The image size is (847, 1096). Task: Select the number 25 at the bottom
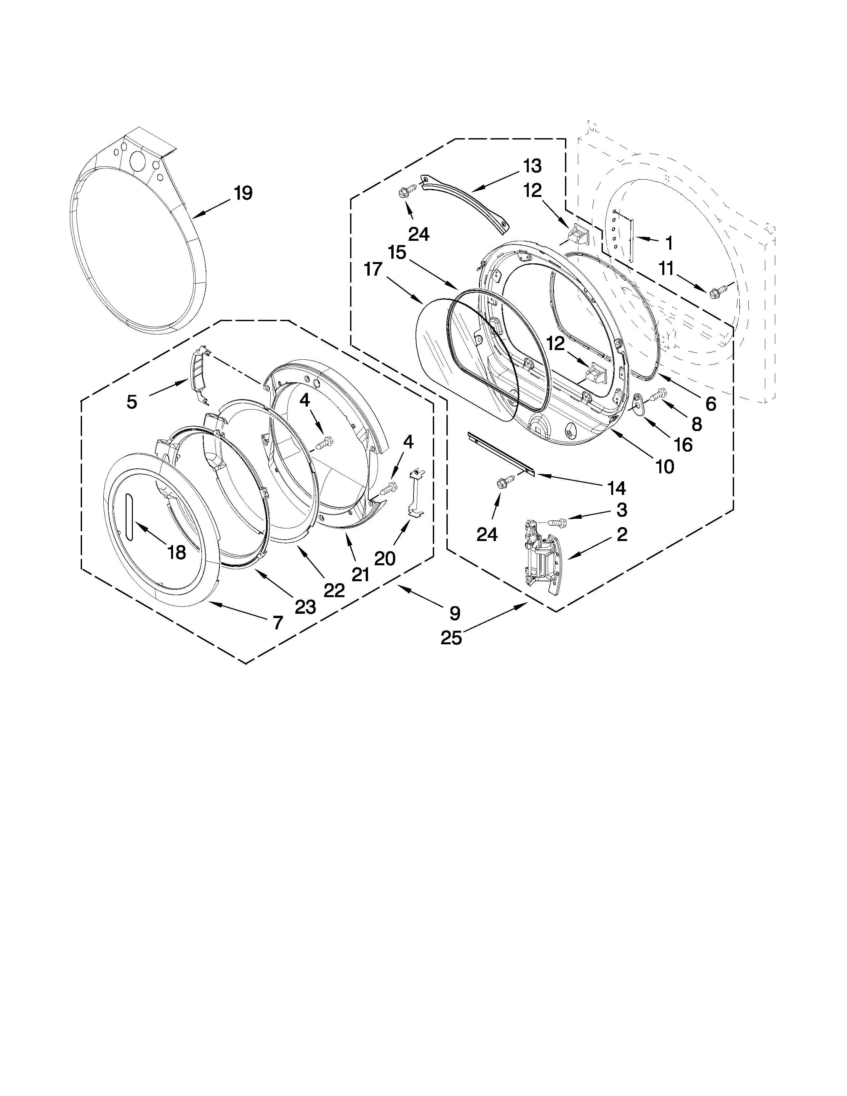[451, 638]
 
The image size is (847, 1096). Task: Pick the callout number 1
[668, 243]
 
